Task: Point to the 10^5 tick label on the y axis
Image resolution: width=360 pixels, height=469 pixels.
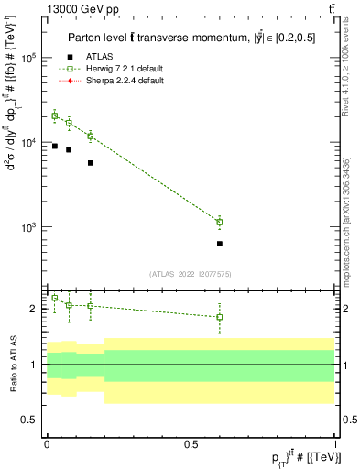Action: (29, 58)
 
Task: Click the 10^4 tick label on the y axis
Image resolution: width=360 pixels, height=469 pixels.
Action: (29, 142)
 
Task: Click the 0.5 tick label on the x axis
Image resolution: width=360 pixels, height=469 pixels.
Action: (191, 443)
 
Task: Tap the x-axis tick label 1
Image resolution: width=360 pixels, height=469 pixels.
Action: (334, 443)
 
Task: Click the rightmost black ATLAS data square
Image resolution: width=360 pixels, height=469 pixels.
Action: (220, 244)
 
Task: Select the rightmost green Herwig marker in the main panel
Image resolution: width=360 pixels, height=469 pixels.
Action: (220, 222)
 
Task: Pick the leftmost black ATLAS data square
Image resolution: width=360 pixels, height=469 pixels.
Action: (55, 146)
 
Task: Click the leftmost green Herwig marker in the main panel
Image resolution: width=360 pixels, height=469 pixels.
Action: (55, 115)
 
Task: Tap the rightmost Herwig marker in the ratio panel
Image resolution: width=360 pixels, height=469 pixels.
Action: (220, 317)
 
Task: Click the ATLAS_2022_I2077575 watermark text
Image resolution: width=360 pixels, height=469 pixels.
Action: (190, 273)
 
